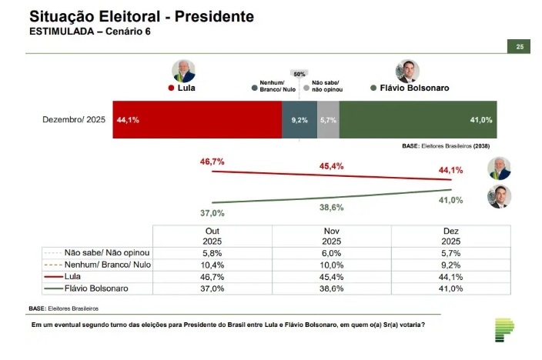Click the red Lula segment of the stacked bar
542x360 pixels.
coord(197,120)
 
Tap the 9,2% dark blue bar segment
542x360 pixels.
coord(299,120)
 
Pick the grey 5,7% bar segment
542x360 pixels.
coord(328,120)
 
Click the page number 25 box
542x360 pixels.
coord(519,47)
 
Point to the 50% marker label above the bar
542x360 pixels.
coord(299,73)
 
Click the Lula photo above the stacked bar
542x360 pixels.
coord(184,71)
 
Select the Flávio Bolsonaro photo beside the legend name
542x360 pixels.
coord(406,72)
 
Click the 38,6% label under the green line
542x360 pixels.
coord(332,208)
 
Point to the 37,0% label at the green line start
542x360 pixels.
coord(212,213)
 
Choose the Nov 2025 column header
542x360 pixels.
coord(332,235)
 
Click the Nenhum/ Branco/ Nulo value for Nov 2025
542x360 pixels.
coord(332,263)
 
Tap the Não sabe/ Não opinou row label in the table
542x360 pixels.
coord(106,252)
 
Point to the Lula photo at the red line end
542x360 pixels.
coord(499,168)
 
